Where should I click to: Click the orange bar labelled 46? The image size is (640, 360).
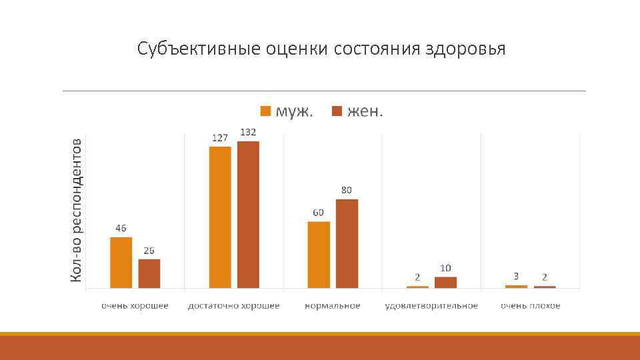click(121, 262)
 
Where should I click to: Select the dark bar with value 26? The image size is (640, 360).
click(149, 273)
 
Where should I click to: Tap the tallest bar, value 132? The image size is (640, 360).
click(248, 214)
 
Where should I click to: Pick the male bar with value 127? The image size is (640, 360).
click(220, 217)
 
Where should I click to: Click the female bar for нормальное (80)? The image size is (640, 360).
click(347, 243)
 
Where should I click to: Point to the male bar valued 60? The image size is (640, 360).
click(319, 254)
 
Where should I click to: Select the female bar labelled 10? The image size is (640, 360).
click(445, 282)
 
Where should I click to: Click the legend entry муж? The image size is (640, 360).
click(294, 111)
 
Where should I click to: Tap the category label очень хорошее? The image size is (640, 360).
click(135, 305)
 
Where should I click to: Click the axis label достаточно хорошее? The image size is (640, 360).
click(233, 305)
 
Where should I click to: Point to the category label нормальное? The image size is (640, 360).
click(332, 305)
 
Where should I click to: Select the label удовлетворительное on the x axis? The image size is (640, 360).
click(431, 305)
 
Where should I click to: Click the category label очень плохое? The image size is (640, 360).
click(531, 305)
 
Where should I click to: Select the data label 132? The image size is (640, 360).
click(248, 133)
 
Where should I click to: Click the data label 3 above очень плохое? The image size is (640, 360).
click(516, 275)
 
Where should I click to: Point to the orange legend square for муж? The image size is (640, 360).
click(265, 111)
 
